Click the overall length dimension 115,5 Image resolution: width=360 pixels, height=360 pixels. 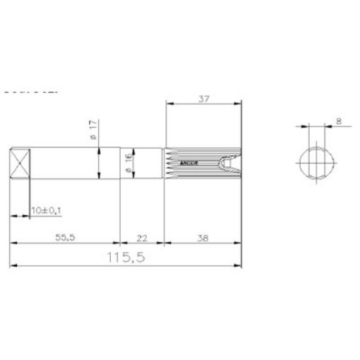coord(126,258)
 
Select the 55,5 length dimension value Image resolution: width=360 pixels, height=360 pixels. coord(66,239)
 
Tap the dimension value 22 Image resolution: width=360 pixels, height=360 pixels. coord(143,239)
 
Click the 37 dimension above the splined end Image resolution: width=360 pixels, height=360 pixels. coord(203,100)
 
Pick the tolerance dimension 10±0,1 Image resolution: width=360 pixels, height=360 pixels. coord(48,210)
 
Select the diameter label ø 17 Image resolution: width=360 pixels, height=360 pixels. coord(93,129)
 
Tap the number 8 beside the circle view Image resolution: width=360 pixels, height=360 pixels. coord(340,121)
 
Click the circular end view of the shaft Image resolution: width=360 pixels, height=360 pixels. coord(316,163)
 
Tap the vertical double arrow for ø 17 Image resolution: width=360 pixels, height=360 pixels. coord(100,163)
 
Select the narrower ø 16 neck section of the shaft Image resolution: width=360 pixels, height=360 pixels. coord(145,163)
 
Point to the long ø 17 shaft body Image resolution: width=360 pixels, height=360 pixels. coord(67,163)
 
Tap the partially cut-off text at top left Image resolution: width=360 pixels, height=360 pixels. coord(28,91)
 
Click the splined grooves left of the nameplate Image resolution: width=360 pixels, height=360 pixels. coord(173,163)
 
